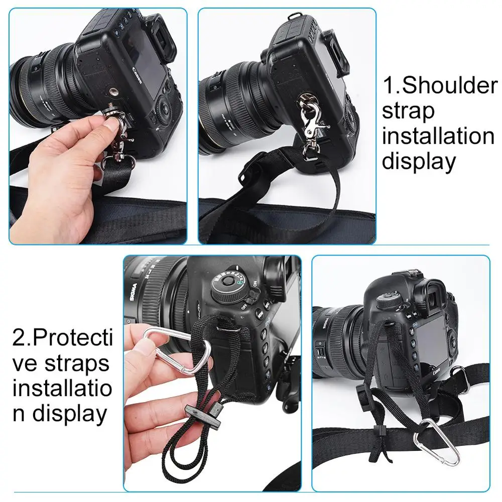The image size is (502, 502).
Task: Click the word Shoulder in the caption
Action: pyautogui.click(x=449, y=86)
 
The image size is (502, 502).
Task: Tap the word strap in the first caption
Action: pyautogui.click(x=408, y=111)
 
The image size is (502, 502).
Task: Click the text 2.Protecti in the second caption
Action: pyautogui.click(x=62, y=337)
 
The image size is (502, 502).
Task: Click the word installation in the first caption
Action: pyautogui.click(x=438, y=137)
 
